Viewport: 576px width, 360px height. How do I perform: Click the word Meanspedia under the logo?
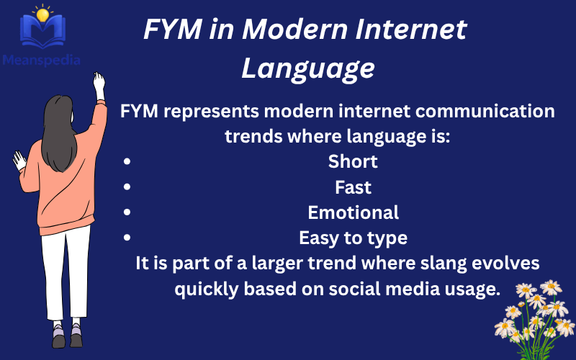(42, 60)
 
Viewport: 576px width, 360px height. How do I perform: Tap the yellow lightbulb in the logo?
(43, 14)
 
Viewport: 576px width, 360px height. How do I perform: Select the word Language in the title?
(307, 68)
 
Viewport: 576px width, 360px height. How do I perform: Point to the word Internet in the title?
(406, 30)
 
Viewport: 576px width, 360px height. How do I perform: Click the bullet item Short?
(353, 162)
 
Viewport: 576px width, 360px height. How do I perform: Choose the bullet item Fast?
(353, 187)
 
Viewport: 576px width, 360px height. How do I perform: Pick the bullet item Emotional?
(353, 212)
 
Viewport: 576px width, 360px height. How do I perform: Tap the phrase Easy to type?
(353, 237)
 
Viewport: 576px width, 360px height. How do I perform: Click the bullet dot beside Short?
(127, 162)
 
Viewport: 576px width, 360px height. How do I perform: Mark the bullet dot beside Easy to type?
(127, 237)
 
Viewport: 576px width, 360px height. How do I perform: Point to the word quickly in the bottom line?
(210, 289)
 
